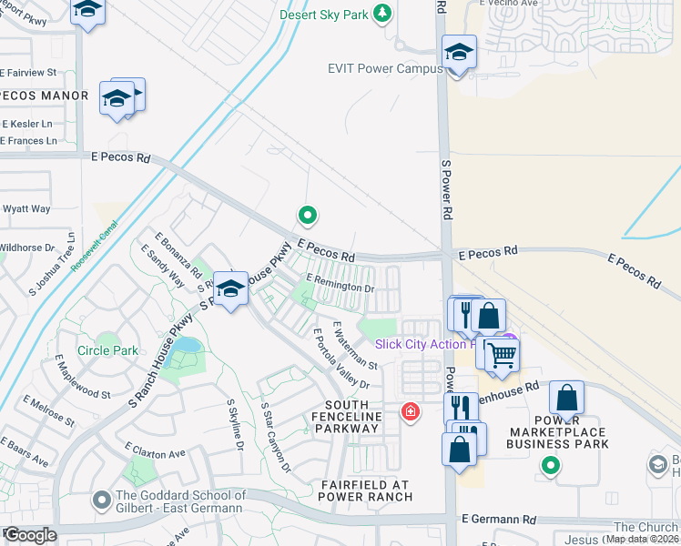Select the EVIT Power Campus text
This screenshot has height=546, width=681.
pos(384,68)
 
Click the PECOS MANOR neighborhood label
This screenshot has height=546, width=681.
pos(45,96)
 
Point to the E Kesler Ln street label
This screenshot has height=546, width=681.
pos(27,123)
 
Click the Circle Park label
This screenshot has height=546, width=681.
pos(107,350)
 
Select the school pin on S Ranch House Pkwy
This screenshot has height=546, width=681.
pos(231,289)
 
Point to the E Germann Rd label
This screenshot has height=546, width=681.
pos(498,519)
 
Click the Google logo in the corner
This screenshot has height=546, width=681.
pos(30,535)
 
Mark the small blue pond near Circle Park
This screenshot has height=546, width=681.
pos(188,347)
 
